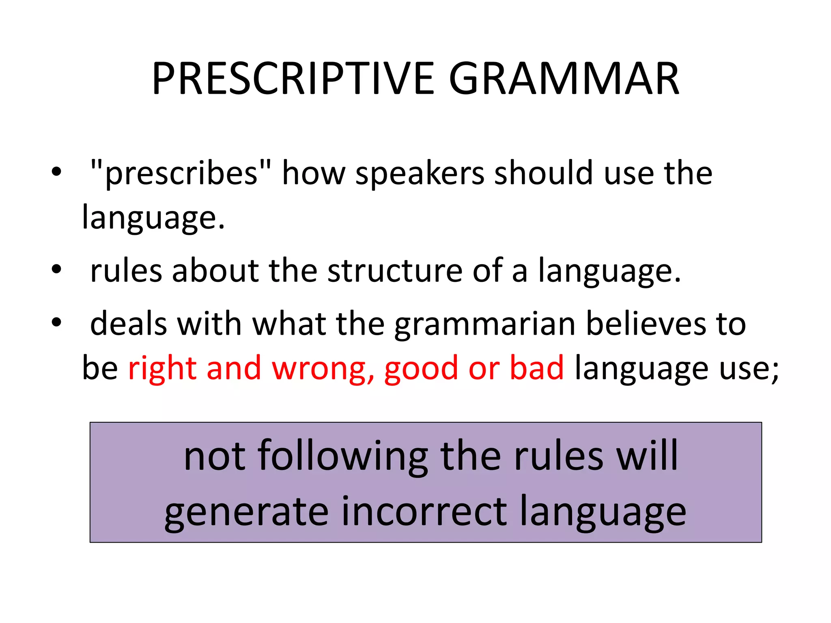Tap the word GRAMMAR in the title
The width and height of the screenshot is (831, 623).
pos(564,79)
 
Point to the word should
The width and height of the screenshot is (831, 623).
pos(544,173)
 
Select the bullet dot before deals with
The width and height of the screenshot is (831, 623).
pos(56,322)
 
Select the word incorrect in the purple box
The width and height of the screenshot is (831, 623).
pos(424,512)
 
